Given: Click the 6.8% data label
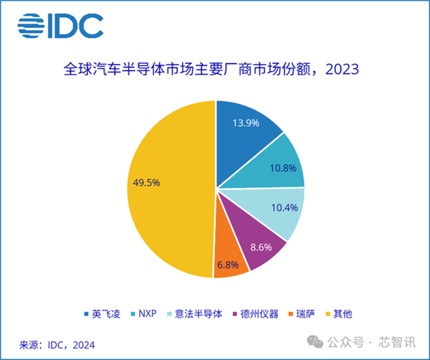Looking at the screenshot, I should pyautogui.click(x=228, y=265).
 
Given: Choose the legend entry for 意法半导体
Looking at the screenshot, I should pyautogui.click(x=196, y=314).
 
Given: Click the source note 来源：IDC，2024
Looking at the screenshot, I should pyautogui.click(x=57, y=345).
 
